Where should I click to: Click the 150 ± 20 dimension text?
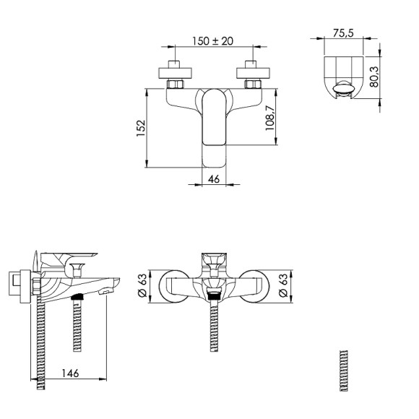pos(212,41)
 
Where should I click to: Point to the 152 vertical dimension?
pos(142,127)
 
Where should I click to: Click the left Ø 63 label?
pos(142,287)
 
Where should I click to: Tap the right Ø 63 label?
pos(282,287)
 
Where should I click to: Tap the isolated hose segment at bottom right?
pos(343,371)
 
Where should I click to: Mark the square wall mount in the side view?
pos(18,284)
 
